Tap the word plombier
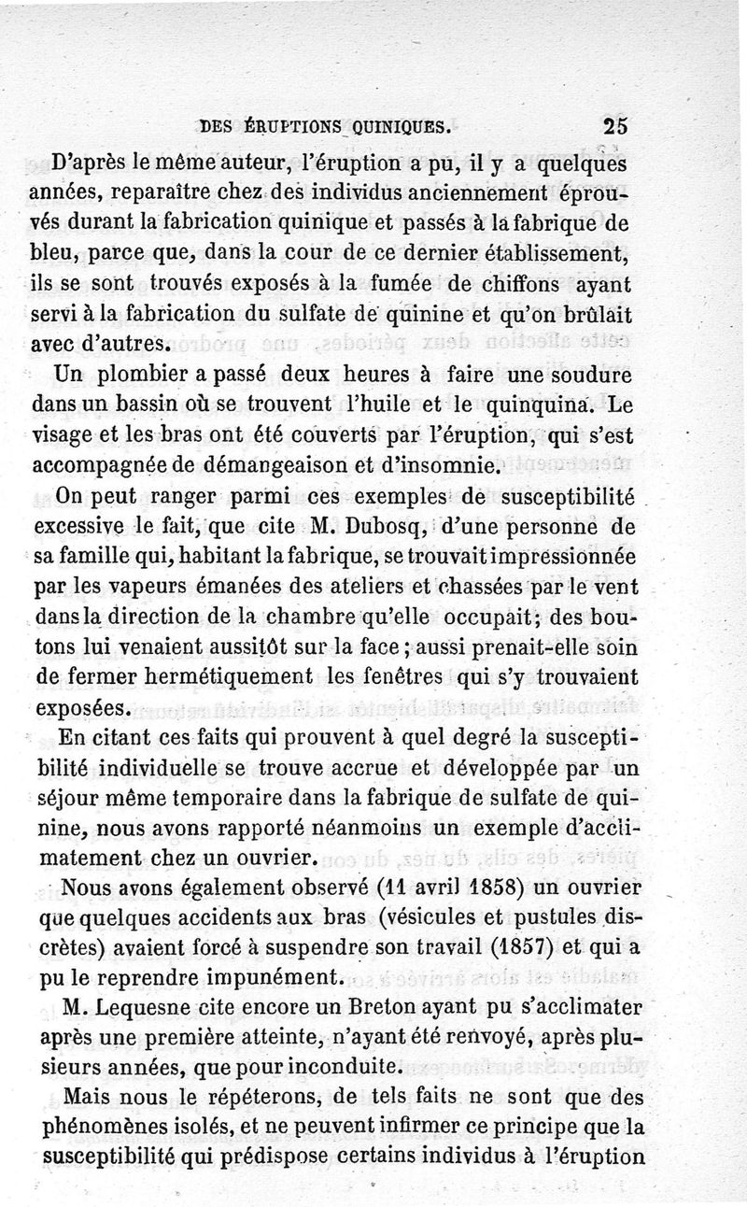(x=140, y=376)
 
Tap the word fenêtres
(x=476, y=677)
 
